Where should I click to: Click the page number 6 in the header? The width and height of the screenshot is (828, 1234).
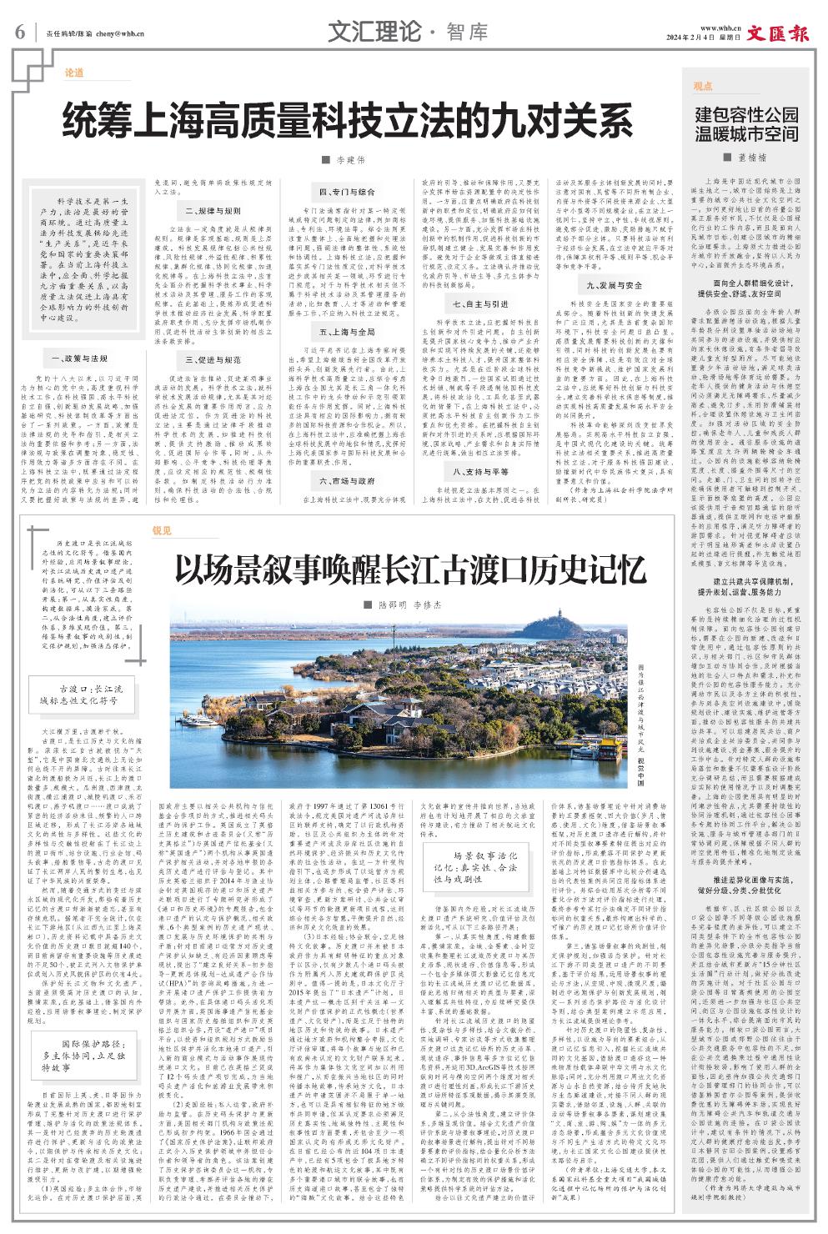pos(20,33)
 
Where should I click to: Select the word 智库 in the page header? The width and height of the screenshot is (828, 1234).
pos(467,33)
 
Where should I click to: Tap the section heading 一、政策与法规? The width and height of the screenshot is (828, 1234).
pos(74,358)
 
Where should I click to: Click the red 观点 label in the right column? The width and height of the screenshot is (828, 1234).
pos(703,86)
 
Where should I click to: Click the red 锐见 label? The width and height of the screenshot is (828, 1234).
pos(162,530)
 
